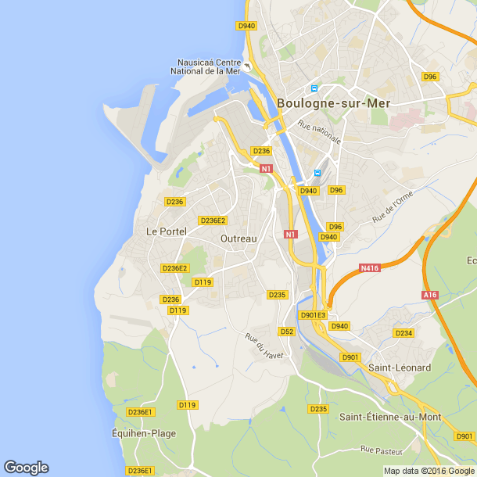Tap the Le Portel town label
pyautogui.click(x=163, y=231)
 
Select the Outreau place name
pyautogui.click(x=238, y=238)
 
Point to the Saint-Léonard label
pyautogui.click(x=400, y=368)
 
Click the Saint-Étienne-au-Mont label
pyautogui.click(x=390, y=417)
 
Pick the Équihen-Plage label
pyautogui.click(x=144, y=433)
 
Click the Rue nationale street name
pyautogui.click(x=319, y=131)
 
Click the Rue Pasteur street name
pyautogui.click(x=382, y=450)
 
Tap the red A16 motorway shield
pyautogui.click(x=429, y=295)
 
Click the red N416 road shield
pyautogui.click(x=370, y=268)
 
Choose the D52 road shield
pyautogui.click(x=287, y=331)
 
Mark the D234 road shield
pyautogui.click(x=403, y=333)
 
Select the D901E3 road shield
pyautogui.click(x=313, y=315)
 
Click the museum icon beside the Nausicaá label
pyautogui.click(x=247, y=66)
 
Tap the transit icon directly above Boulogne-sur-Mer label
pyautogui.click(x=314, y=88)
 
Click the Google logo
pyautogui.click(x=26, y=468)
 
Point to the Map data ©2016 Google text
pyautogui.click(x=429, y=471)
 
